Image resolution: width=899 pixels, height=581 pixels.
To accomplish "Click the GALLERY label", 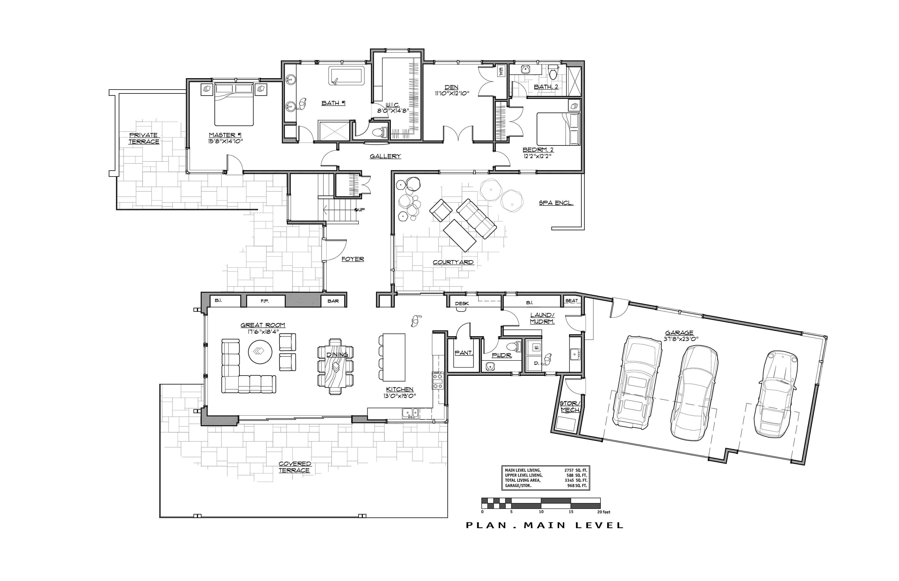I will coord(385,156).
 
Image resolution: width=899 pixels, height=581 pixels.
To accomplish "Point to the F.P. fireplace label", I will coord(265,301).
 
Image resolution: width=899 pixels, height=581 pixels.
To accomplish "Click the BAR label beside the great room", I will coord(333,301).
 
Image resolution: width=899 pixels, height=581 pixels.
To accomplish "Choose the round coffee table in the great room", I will coord(260,352).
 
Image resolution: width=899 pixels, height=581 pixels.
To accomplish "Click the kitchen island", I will coord(394,357).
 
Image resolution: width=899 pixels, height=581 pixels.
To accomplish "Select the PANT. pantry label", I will coord(464,353).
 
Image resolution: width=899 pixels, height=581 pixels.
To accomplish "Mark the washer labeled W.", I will coord(537,347).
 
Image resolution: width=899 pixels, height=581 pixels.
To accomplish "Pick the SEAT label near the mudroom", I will coord(571,301).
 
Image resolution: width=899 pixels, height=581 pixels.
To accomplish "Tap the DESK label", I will coord(462,303).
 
